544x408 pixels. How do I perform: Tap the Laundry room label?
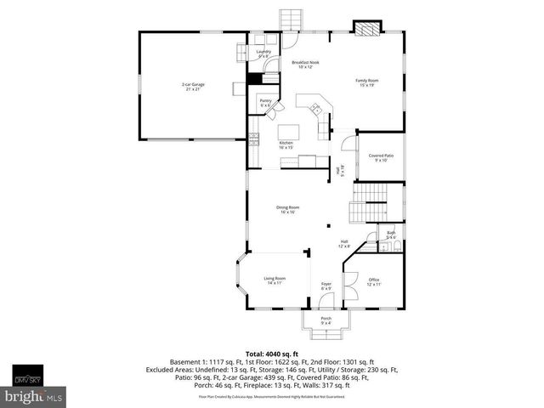click(263, 54)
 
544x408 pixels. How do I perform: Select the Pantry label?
click(265, 103)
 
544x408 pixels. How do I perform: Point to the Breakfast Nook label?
click(306, 65)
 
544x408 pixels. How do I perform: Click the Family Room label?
click(367, 82)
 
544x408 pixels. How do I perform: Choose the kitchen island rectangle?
click(286, 133)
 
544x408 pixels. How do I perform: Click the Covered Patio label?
click(381, 157)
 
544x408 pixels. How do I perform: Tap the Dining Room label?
click(287, 209)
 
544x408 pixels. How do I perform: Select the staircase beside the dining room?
click(369, 206)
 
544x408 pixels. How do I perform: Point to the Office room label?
click(374, 281)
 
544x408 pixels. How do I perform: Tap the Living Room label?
click(274, 280)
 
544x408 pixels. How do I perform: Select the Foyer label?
click(326, 286)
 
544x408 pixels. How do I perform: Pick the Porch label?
click(326, 320)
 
